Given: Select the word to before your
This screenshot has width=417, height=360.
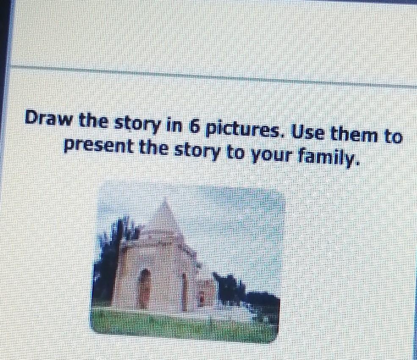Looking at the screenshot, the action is coord(235,154).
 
